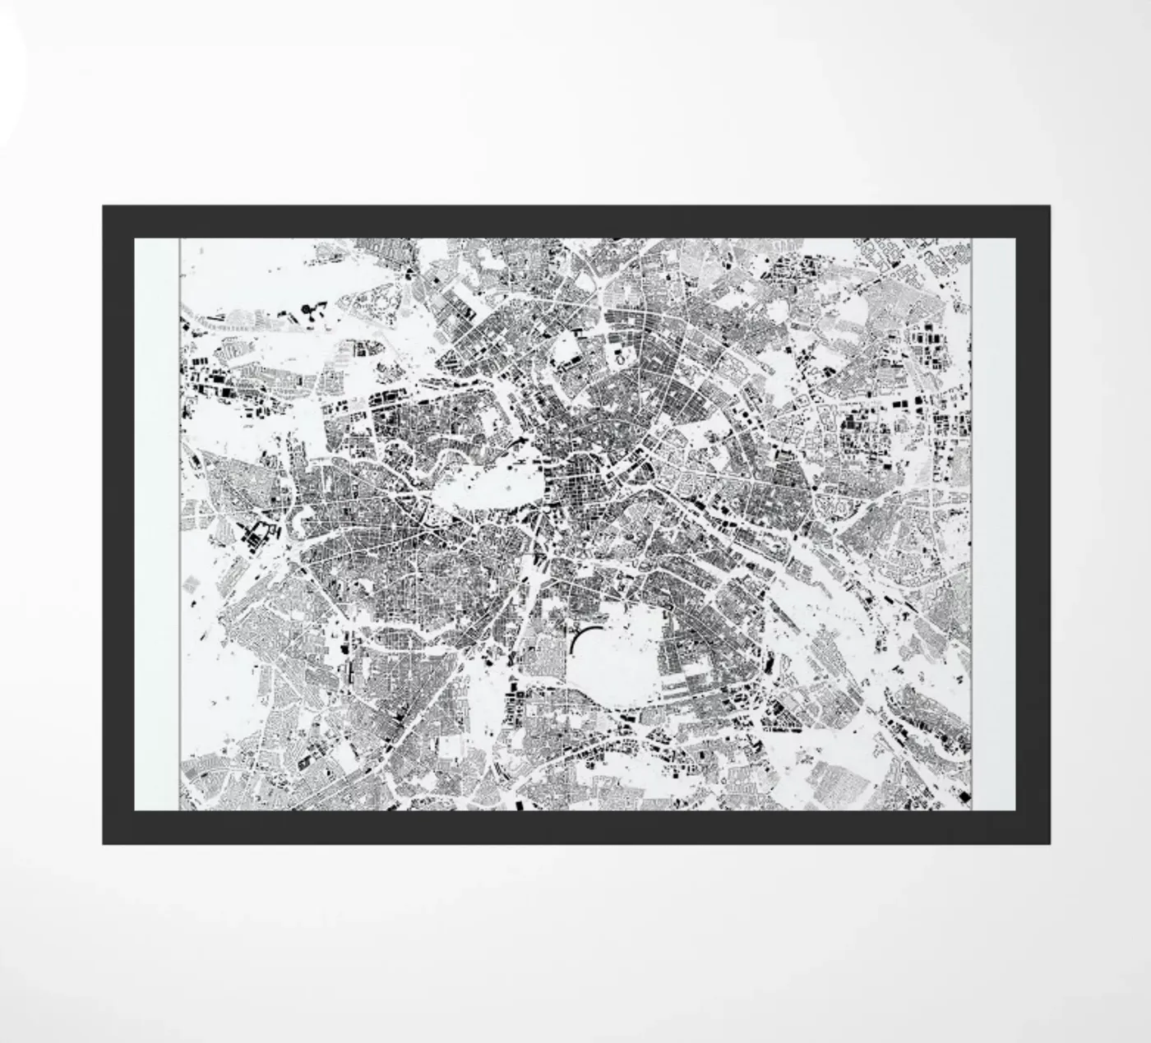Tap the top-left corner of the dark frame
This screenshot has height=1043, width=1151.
104,206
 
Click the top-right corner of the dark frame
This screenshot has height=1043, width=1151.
1047,206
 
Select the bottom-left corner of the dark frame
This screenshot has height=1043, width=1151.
104,842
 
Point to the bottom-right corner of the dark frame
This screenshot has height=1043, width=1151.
1047,842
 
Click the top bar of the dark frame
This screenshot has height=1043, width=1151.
575,221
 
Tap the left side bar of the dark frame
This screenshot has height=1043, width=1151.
118,526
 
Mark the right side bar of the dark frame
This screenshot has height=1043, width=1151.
1033,526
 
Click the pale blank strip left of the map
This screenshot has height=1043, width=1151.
156,526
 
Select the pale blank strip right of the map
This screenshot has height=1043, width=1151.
994,526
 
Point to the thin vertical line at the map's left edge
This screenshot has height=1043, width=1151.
179,526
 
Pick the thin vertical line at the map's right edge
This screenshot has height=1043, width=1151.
973,526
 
